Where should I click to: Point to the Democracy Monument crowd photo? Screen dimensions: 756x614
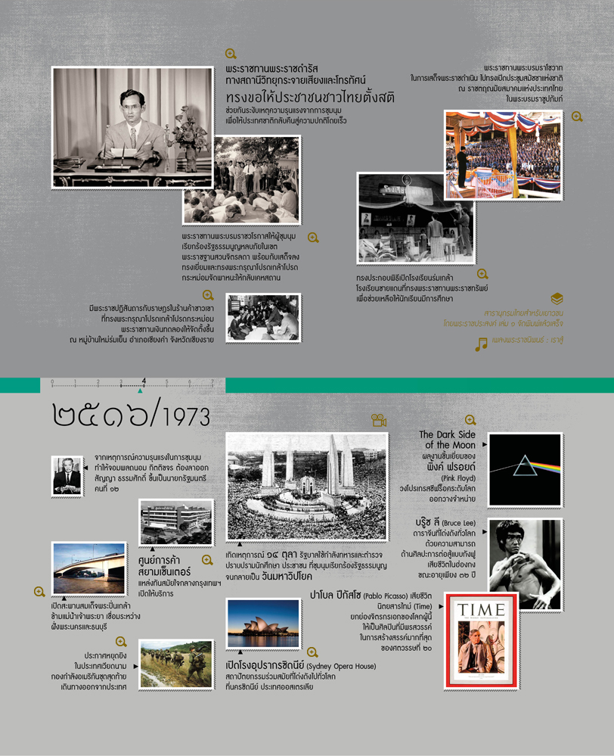pyautogui.click(x=307, y=486)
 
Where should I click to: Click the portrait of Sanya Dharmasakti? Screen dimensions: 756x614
pyautogui.click(x=67, y=475)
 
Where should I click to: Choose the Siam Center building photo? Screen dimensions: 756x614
pyautogui.click(x=175, y=522)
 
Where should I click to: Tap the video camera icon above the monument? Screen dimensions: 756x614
pyautogui.click(x=378, y=421)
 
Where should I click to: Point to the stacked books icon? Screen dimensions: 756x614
pyautogui.click(x=557, y=298)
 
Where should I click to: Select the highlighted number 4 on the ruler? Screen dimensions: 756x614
pyautogui.click(x=143, y=381)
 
